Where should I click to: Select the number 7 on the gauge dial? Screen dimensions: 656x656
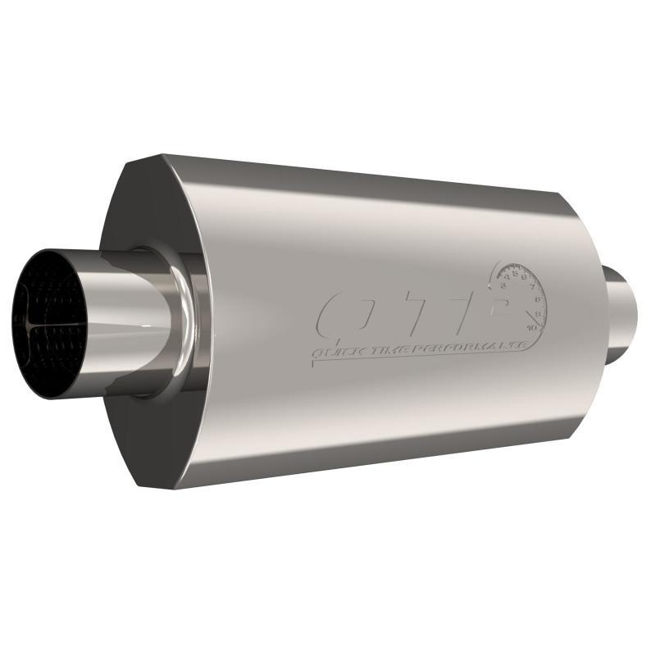coord(534,287)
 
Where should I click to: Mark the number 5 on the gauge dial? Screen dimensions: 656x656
coord(516,273)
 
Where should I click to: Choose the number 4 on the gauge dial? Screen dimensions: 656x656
coord(508,277)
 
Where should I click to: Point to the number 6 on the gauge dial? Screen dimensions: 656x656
coord(526,277)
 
